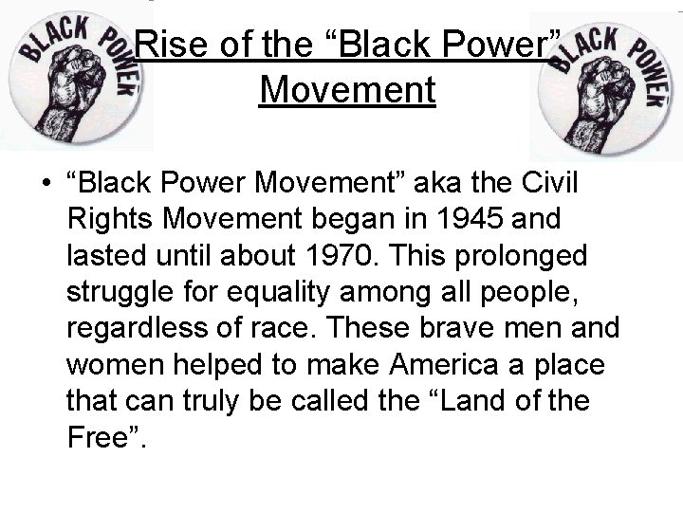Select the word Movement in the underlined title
coord(346,91)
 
